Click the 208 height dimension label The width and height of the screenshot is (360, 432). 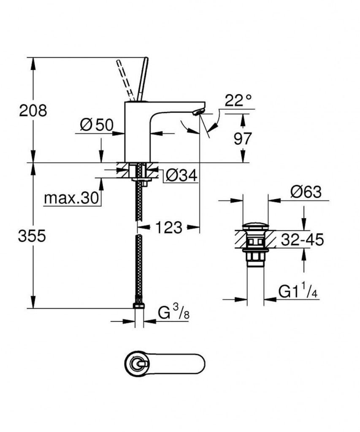pos(32,111)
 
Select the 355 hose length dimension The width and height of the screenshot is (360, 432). pos(32,236)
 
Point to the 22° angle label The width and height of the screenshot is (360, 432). pos(238,101)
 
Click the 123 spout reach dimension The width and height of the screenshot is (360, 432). pos(168,228)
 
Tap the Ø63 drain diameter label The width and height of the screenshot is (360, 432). pos(306,192)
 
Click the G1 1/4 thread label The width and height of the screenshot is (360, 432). pos(298,292)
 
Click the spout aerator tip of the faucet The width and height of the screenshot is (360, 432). pos(198,111)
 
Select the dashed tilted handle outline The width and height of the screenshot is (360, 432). pos(125,80)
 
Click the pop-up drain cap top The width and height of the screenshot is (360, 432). pos(255,224)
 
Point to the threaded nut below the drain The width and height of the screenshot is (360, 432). pos(255,257)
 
